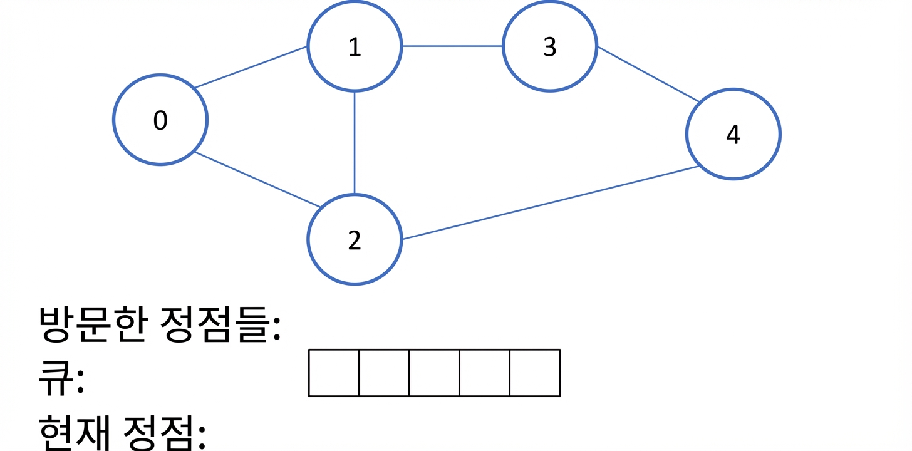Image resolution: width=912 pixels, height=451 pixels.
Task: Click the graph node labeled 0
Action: (160, 120)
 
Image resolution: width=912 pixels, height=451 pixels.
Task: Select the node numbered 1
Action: (355, 46)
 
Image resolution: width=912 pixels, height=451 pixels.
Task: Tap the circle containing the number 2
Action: (355, 239)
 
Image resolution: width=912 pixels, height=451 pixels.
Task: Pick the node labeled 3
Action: (550, 46)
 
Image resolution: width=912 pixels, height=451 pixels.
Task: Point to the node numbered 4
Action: (733, 134)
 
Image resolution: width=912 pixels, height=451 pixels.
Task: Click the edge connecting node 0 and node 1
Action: (251, 67)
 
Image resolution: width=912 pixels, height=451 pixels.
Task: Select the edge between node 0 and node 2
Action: (257, 180)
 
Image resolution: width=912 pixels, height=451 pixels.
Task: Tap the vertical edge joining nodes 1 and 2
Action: (355, 143)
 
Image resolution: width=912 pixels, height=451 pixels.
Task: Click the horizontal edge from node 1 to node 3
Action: (452, 46)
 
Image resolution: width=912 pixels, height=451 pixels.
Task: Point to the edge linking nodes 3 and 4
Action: (648, 74)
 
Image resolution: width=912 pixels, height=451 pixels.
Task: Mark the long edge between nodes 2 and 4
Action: (551, 203)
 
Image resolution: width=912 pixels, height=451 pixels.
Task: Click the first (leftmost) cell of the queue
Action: (334, 373)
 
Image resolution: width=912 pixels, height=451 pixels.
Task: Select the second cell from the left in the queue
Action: (384, 373)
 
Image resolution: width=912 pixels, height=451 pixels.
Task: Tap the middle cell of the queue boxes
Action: (435, 373)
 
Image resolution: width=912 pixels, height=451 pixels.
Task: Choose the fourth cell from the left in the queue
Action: (485, 373)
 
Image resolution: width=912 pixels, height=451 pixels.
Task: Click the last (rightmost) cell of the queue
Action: (535, 373)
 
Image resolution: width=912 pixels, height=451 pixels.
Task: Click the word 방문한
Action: (93, 324)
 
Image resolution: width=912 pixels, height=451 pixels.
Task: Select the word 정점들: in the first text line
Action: (220, 324)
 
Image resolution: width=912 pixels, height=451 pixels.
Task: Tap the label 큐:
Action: (61, 378)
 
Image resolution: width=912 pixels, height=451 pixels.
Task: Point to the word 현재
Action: (75, 433)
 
